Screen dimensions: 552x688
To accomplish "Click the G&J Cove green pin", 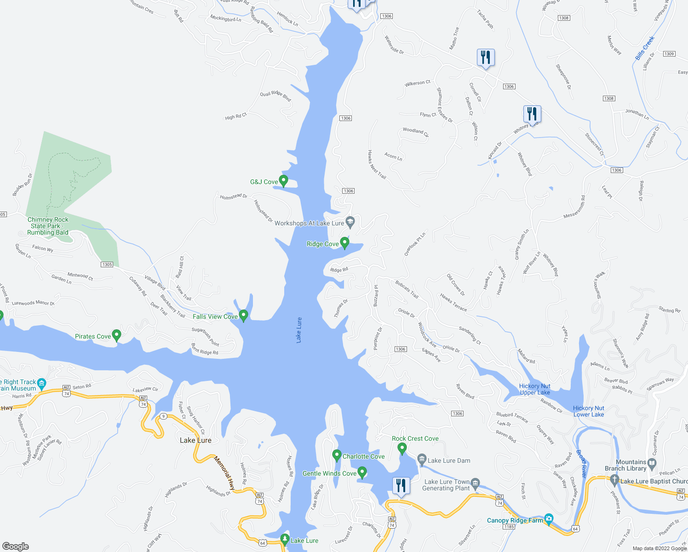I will point(284,181).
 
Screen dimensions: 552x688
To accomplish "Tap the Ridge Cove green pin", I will point(344,242).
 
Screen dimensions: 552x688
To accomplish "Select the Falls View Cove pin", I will point(244,316).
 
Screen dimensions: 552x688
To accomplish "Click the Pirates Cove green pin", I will point(117,335).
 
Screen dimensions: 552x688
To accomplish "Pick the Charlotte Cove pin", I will point(337,455).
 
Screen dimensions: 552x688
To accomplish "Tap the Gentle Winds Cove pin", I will point(362,472).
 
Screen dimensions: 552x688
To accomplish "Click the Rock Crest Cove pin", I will point(402,448).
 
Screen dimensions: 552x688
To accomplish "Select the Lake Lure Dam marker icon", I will point(422,460).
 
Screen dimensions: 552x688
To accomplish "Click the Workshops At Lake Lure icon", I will point(350,223).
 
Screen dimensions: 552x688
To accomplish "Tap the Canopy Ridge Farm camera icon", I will point(549,519).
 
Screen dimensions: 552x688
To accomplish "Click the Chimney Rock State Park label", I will point(48,226).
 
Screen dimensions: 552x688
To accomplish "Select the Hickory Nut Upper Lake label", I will point(535,389).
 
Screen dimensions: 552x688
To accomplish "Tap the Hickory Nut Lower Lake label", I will point(589,411).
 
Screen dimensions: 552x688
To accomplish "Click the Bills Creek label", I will point(645,48).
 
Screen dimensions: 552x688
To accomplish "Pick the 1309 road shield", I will point(669,54).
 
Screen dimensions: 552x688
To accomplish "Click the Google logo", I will point(16,546).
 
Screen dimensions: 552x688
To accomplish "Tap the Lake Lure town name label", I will point(195,440).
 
